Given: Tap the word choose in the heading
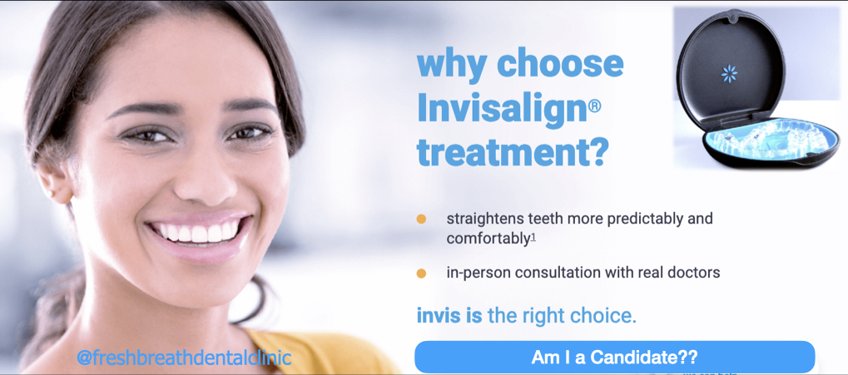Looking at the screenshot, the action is click(x=560, y=64).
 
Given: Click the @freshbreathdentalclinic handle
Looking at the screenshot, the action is click(x=185, y=358).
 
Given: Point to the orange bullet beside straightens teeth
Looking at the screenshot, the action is click(x=421, y=220).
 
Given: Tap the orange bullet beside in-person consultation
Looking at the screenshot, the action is click(x=421, y=274).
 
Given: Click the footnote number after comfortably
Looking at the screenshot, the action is click(x=533, y=237).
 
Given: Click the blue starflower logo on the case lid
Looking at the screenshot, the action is click(x=730, y=73).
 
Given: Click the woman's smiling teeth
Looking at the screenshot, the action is click(x=198, y=232).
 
